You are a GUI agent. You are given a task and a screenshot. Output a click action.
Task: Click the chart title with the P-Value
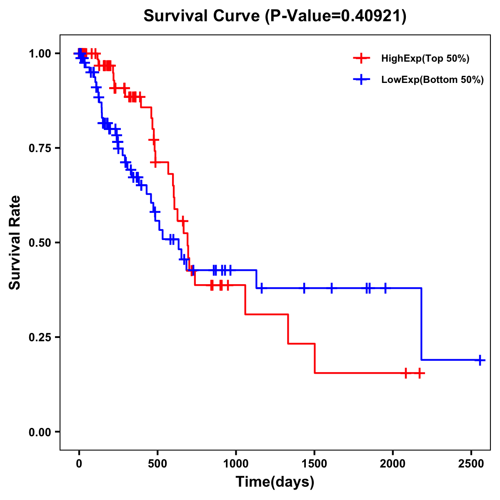tap(275, 16)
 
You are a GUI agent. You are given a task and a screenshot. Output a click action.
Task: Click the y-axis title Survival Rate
tap(15, 242)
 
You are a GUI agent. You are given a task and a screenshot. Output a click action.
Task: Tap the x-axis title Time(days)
tap(275, 482)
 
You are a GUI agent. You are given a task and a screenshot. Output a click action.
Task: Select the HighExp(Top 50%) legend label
tap(425, 59)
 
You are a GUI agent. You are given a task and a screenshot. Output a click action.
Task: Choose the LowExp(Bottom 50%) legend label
tap(432, 80)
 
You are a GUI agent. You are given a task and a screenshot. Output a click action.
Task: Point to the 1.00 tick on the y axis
tap(40, 54)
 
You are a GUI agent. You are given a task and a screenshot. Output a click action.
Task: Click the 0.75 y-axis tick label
tap(40, 148)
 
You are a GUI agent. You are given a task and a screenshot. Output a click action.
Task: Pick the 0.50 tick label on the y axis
tap(40, 243)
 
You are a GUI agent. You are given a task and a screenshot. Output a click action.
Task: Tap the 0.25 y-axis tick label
tap(40, 337)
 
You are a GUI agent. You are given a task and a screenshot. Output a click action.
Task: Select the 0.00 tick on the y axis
tap(40, 432)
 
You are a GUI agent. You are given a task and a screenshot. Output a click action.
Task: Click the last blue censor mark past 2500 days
tap(480, 360)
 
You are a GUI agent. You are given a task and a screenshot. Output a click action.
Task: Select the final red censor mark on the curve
tap(420, 373)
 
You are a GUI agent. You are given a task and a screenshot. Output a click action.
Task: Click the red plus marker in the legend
tap(362, 59)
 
